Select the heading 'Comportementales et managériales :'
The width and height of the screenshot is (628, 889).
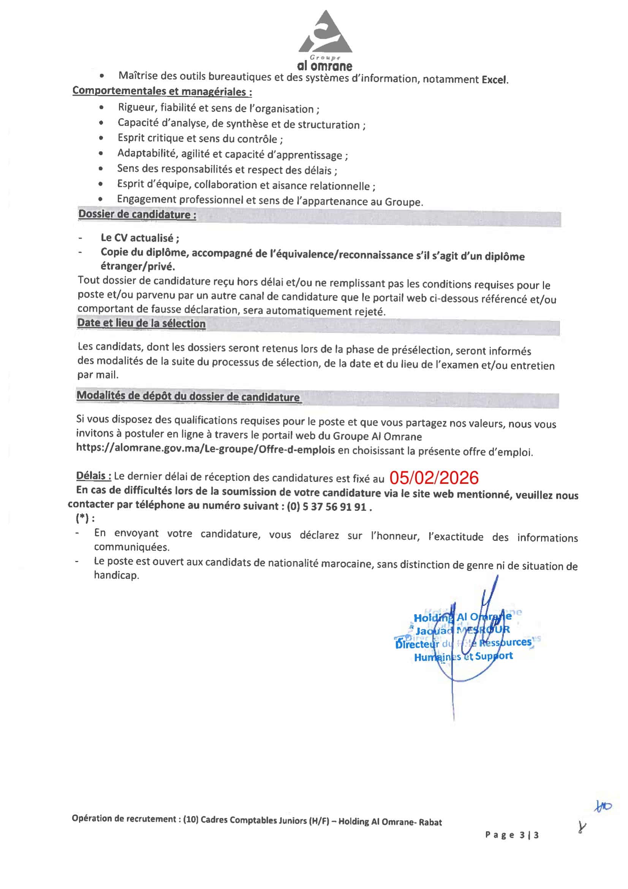pos(162,91)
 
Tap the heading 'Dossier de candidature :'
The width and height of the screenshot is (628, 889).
pos(137,214)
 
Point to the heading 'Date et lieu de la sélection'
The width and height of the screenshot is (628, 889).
pos(141,323)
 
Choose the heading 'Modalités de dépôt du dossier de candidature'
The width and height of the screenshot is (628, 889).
pos(188,396)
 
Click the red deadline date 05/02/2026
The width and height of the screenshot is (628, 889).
pos(434,478)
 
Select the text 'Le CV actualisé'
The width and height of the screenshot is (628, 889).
pos(139,238)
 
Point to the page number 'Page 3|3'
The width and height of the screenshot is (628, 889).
pos(511,835)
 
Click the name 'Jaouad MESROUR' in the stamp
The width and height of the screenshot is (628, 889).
pos(462,630)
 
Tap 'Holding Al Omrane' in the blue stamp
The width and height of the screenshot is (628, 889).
pos(462,617)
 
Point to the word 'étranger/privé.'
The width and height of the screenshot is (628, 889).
pos(138,266)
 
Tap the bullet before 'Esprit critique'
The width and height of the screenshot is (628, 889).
pos(101,138)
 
